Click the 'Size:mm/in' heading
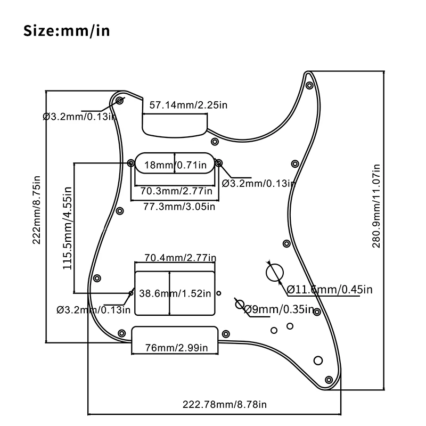(x=67, y=30)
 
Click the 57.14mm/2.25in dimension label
(x=188, y=105)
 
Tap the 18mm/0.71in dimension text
(x=176, y=165)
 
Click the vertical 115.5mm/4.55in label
(x=67, y=227)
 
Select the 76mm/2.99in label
(x=176, y=348)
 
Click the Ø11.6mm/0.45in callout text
(x=330, y=290)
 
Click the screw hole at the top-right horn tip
(x=309, y=85)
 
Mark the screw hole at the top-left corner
(x=120, y=100)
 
